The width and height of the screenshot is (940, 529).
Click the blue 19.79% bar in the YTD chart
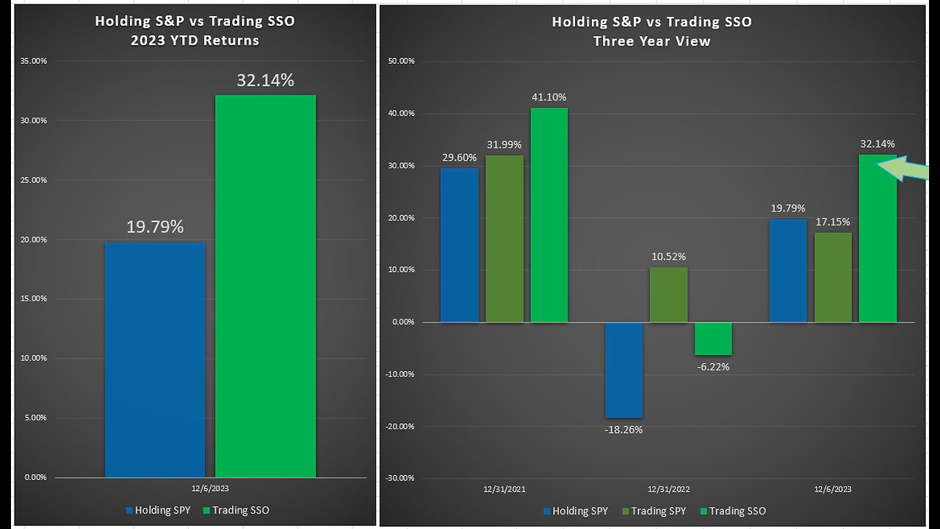155,360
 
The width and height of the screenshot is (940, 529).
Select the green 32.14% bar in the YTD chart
265,287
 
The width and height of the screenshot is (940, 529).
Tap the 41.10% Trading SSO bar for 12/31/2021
549,215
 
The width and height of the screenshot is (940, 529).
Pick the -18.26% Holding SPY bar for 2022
624,370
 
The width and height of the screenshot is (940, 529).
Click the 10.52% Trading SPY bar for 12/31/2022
668,295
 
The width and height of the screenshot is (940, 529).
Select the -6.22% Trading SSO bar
713,339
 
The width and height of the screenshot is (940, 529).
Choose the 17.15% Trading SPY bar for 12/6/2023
833,277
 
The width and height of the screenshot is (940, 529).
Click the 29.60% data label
459,157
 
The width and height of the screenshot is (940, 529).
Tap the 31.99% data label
505,144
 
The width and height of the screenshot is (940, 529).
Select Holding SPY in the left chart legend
162,510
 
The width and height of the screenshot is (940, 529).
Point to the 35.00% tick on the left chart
32,62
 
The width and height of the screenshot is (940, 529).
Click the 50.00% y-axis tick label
400,62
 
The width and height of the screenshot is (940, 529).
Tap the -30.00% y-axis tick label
399,478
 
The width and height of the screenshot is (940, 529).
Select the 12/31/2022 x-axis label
668,489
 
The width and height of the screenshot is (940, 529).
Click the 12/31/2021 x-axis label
504,489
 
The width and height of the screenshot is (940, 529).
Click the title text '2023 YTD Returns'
195,40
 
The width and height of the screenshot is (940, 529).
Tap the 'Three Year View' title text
651,41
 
